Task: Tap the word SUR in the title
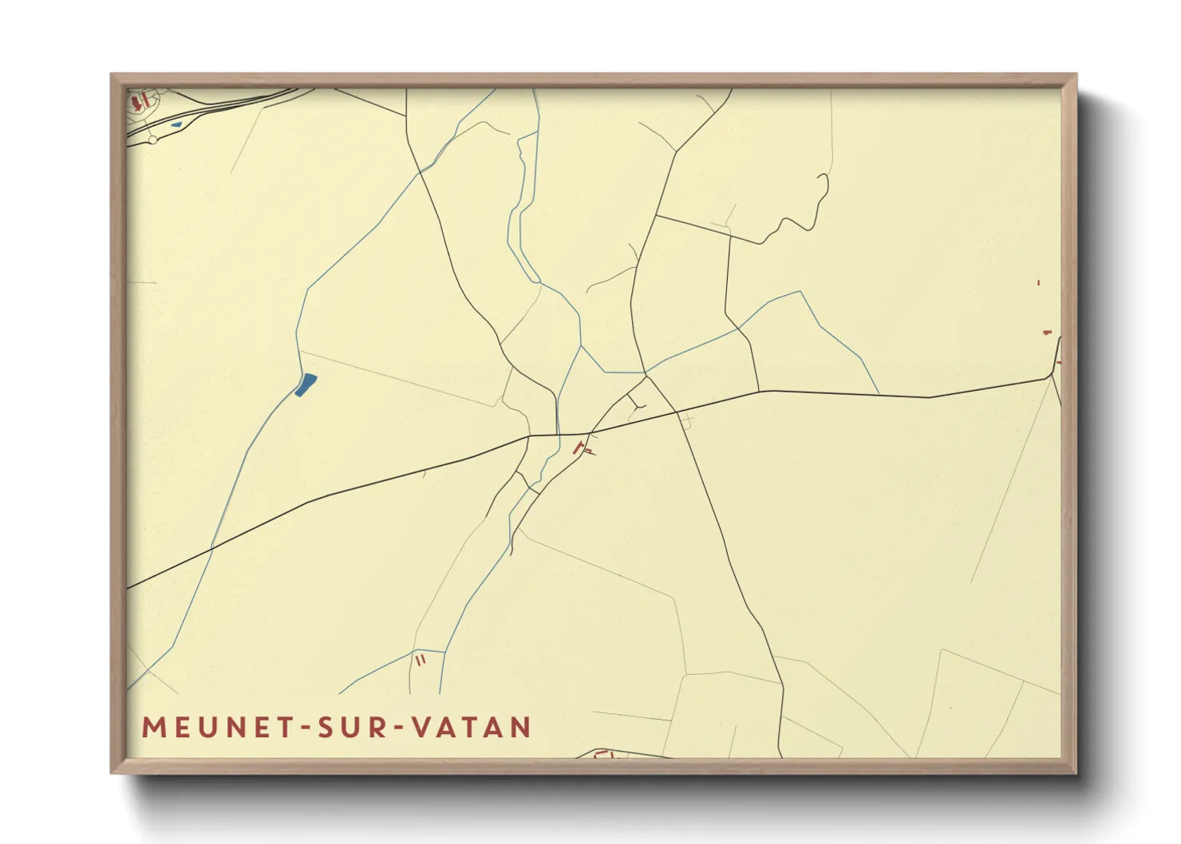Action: click(x=351, y=728)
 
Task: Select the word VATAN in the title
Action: click(x=471, y=728)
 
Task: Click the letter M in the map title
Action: click(x=152, y=728)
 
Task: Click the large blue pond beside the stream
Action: click(x=306, y=385)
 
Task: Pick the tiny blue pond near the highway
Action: click(x=176, y=124)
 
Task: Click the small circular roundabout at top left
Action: click(x=152, y=140)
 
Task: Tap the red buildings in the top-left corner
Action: click(x=140, y=101)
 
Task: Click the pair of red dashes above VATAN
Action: click(x=421, y=660)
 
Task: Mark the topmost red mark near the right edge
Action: click(x=1038, y=282)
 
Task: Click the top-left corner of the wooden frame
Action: click(x=113, y=76)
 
